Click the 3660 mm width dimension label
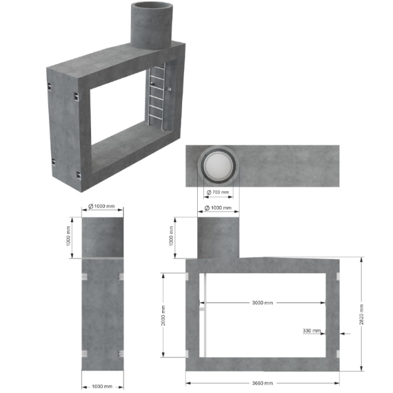[x=262, y=383]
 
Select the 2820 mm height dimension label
[x=361, y=314]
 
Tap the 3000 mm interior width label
[x=262, y=303]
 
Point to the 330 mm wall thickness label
[x=311, y=331]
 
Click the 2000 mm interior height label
[x=163, y=315]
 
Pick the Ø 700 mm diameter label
[x=218, y=192]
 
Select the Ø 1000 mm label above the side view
[x=102, y=206]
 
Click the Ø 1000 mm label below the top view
[x=218, y=208]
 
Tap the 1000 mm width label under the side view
[x=102, y=386]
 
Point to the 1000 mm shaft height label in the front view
[x=172, y=236]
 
